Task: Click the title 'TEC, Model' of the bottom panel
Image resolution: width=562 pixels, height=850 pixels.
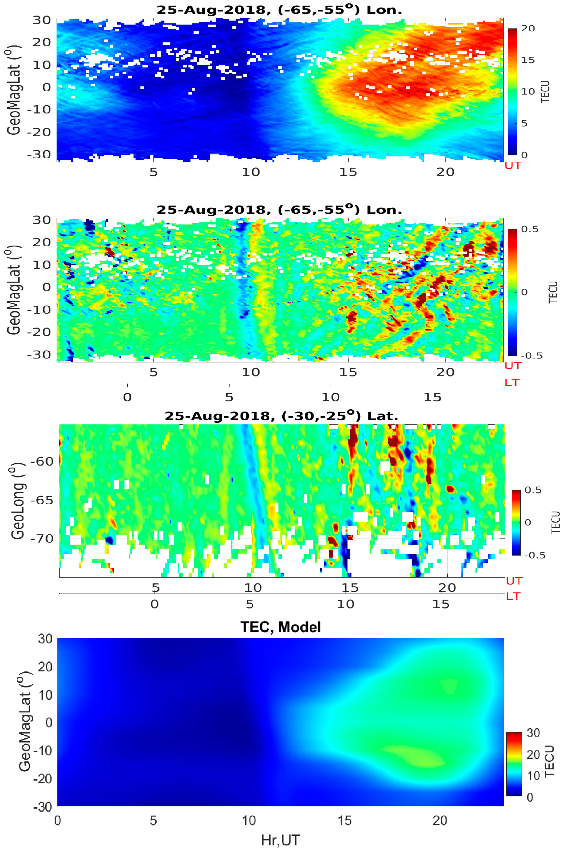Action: [x=280, y=627]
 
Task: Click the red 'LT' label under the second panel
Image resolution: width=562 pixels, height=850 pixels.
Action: [x=512, y=383]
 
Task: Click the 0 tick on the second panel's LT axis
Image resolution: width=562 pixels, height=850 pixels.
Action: [x=127, y=397]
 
